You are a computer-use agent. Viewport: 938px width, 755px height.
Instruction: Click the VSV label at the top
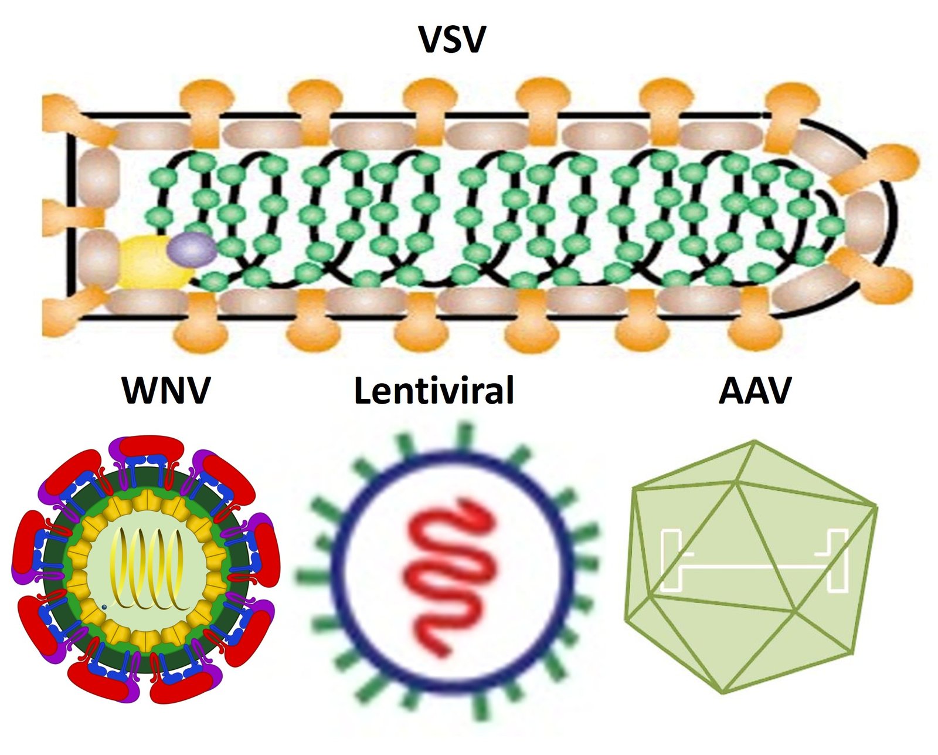point(452,40)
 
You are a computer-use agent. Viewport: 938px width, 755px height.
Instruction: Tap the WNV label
point(166,390)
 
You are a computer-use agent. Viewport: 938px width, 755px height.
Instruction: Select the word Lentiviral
point(434,391)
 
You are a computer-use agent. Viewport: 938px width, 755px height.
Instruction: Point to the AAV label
point(755,390)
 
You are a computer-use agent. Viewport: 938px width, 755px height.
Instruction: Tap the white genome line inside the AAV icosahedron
point(756,566)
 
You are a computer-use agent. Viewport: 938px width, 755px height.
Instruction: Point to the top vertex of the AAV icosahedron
point(755,441)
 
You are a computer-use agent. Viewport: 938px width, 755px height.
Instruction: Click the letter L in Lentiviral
point(363,391)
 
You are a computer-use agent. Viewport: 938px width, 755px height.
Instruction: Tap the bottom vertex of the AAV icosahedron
point(722,692)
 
